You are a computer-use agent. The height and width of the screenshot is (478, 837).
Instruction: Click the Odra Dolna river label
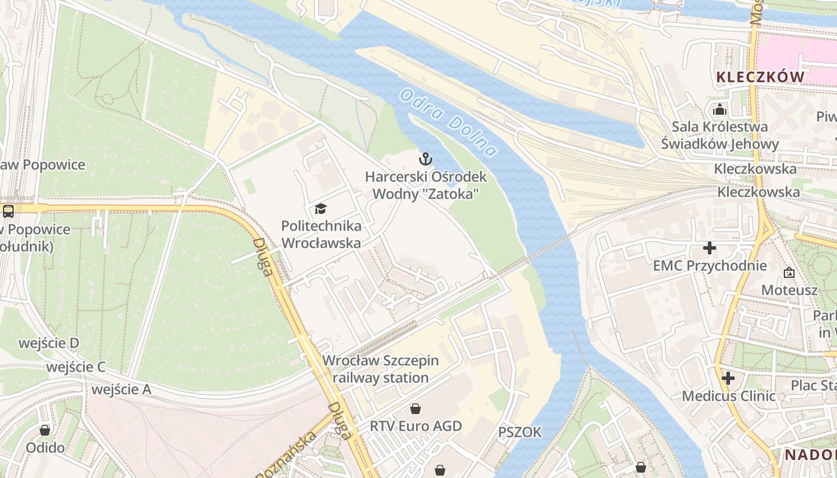pos(448,122)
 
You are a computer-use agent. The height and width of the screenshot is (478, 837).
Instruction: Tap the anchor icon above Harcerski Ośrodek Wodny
pos(425,159)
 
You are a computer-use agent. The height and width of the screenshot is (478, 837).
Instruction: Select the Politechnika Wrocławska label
pos(321,235)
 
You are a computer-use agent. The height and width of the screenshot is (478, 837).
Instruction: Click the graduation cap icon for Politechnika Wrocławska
pos(321,209)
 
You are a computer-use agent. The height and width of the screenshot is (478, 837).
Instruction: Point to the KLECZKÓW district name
pos(760,77)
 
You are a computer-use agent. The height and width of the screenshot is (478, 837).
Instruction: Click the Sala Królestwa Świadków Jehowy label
pos(720,135)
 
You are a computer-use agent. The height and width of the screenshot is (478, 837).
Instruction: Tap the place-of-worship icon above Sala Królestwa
pos(720,109)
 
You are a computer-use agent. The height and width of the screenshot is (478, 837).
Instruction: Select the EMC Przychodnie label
pos(710,266)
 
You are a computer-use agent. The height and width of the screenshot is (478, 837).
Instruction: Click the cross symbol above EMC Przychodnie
pos(710,248)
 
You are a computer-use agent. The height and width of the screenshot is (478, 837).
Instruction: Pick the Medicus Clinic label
pos(729,396)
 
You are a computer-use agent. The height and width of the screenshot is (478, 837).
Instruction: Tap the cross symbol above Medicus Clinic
pos(728,378)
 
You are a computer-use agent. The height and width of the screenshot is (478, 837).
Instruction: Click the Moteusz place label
pos(789,290)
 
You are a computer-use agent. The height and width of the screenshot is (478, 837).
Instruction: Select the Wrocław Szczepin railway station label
pos(381,369)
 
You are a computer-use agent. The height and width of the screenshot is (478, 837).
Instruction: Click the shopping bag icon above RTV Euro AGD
pos(416,409)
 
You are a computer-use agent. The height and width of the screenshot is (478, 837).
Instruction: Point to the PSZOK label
pos(520,432)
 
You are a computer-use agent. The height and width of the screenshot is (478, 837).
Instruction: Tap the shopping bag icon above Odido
pos(45,430)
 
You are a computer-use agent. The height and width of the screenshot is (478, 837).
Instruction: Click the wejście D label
pos(49,343)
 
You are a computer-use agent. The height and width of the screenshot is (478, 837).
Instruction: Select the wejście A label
pos(121,390)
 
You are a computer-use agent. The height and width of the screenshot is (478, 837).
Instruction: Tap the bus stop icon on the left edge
pos(8,211)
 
